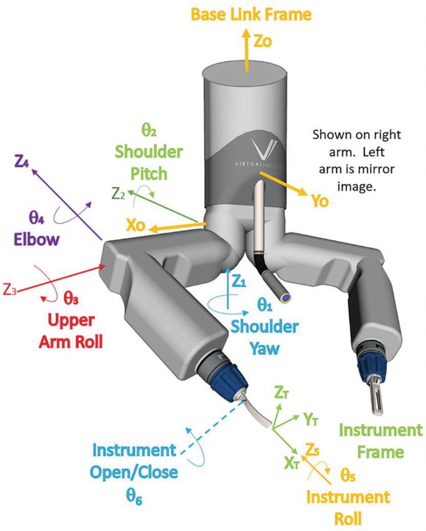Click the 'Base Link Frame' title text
point(251,14)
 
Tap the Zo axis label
point(263,41)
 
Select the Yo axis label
point(320,201)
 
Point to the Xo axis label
point(136,225)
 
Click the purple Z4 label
point(21,161)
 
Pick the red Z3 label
point(9,290)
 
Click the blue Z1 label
point(239,281)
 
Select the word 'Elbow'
point(37,240)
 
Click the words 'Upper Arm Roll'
point(70,331)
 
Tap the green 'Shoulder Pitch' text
point(149,163)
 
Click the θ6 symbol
point(134,497)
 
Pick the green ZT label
point(282,393)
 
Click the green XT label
point(292,463)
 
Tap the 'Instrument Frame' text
point(381,441)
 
